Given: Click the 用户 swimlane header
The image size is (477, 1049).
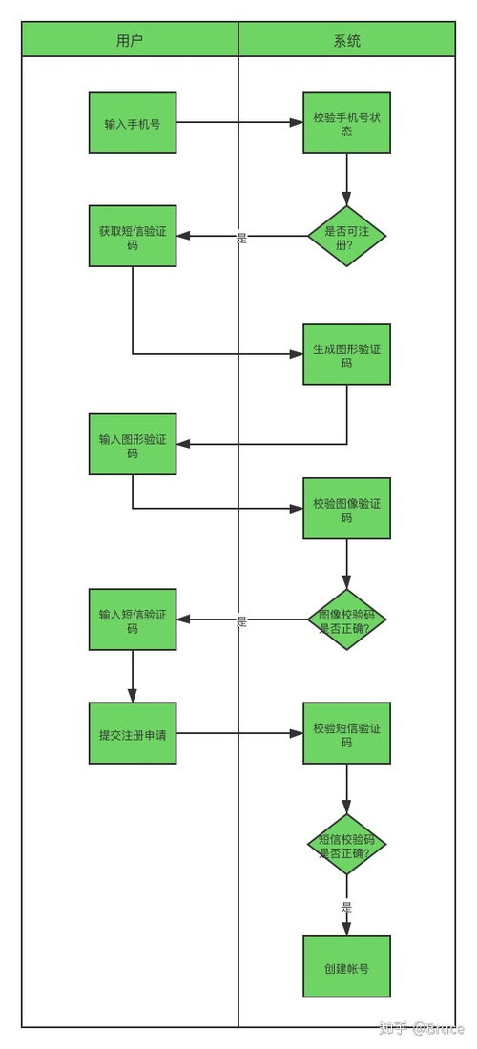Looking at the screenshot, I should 130,41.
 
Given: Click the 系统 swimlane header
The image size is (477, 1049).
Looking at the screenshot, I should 347,41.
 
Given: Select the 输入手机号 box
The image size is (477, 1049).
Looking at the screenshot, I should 133,122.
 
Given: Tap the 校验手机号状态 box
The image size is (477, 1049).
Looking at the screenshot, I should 347,122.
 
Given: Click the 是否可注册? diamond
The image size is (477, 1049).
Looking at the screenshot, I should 347,237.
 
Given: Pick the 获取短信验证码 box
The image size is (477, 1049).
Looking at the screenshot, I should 133,236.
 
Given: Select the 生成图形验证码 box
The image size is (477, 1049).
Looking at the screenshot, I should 347,354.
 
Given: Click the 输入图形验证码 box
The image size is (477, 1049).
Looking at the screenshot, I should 133,444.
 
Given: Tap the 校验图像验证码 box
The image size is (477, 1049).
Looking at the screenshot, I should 347,508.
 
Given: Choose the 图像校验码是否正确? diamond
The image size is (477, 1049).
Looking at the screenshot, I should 347,619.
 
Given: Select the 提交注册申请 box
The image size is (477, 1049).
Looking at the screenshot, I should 133,733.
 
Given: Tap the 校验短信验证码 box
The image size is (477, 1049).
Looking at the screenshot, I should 347,733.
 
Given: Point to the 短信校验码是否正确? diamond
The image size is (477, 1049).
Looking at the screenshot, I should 347,845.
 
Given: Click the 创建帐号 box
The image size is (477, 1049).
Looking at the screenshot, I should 347,967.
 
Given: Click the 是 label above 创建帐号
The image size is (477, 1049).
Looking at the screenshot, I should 347,907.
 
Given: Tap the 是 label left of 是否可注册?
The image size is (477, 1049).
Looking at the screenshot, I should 242,238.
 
